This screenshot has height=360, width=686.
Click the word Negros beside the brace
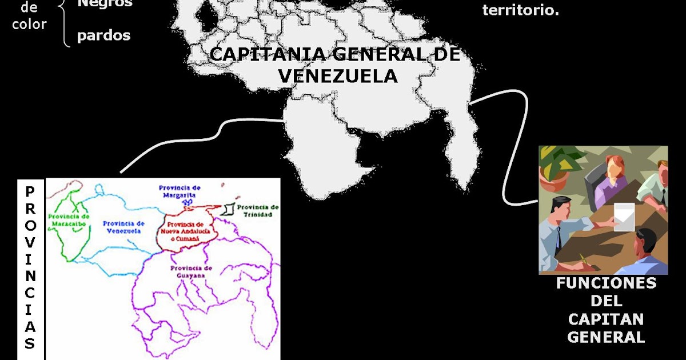click(x=104, y=3)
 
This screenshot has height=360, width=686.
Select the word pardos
click(x=103, y=36)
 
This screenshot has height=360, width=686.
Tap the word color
click(x=29, y=24)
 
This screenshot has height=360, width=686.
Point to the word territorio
click(x=520, y=10)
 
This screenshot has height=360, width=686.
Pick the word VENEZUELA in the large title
click(x=337, y=75)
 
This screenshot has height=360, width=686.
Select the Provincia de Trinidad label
click(x=257, y=211)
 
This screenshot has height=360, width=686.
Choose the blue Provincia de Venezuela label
click(x=123, y=227)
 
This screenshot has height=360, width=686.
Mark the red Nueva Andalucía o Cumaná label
click(x=183, y=230)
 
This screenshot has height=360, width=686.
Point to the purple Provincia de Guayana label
click(x=191, y=271)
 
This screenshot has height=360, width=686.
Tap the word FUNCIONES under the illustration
click(x=606, y=283)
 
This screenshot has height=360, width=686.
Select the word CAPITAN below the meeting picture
click(x=606, y=319)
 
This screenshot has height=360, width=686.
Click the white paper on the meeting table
click(x=623, y=217)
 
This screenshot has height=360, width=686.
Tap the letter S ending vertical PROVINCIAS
click(x=30, y=343)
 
